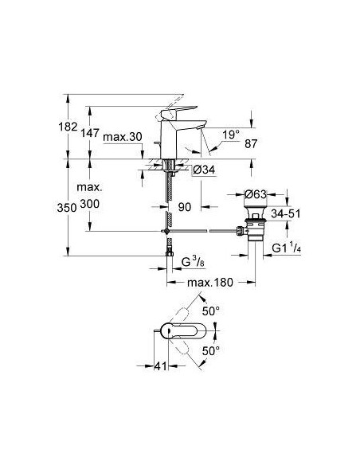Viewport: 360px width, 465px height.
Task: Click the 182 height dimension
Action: coord(67,127)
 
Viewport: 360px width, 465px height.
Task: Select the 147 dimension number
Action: coord(90,133)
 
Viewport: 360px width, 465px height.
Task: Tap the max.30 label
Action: coord(123,137)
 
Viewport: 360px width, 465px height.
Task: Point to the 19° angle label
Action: coord(231,135)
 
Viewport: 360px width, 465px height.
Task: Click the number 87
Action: coord(251,144)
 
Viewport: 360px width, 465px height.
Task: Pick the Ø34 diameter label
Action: coord(204,170)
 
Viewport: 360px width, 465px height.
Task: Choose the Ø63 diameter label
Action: coord(256,195)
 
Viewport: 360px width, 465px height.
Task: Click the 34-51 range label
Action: coord(286,213)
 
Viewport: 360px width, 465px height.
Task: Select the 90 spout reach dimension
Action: coord(185,207)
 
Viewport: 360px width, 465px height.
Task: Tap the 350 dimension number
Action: coord(67,208)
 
